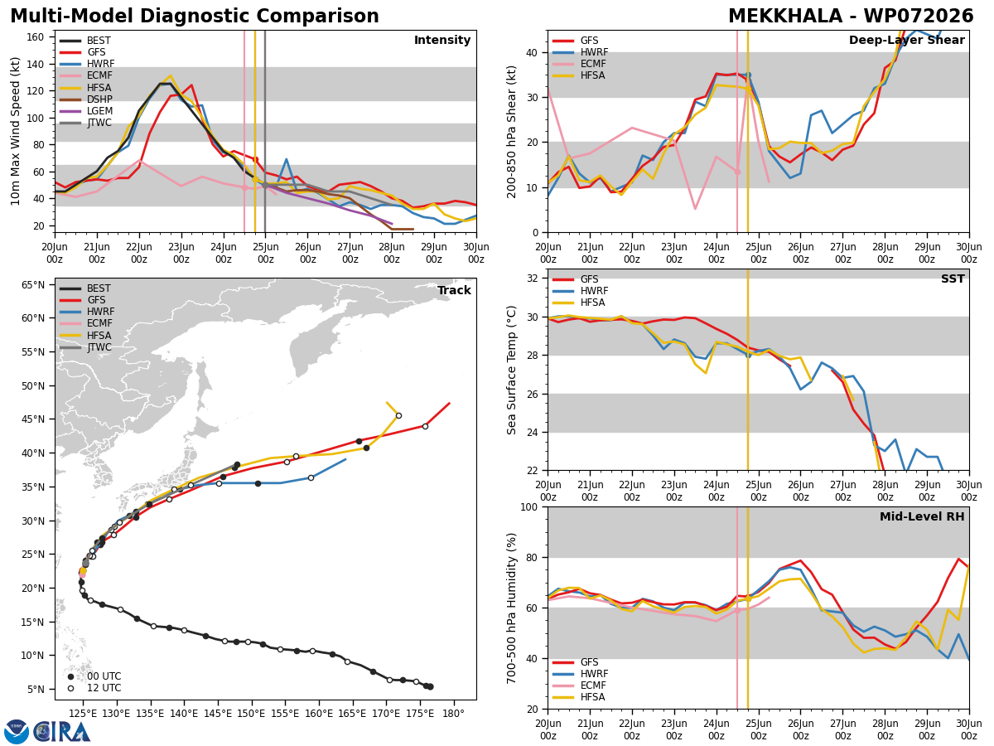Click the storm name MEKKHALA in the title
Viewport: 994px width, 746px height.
coord(785,17)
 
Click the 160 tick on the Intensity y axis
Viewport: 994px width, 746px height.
coord(35,37)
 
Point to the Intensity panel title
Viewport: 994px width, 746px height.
coord(442,41)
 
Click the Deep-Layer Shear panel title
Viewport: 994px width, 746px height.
coord(906,41)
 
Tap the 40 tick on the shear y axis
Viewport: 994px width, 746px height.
coord(532,52)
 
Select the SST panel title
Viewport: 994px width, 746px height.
coord(953,279)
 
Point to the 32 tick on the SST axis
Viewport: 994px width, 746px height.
coord(532,279)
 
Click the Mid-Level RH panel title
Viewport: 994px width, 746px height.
coord(922,516)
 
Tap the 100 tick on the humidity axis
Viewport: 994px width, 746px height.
coord(529,507)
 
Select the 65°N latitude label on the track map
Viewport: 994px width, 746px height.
coord(33,285)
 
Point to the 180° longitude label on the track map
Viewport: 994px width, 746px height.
coord(453,714)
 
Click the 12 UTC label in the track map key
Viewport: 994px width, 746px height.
coord(104,688)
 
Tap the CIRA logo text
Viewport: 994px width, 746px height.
coord(61,732)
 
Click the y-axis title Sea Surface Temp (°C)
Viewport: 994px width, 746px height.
coord(511,371)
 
